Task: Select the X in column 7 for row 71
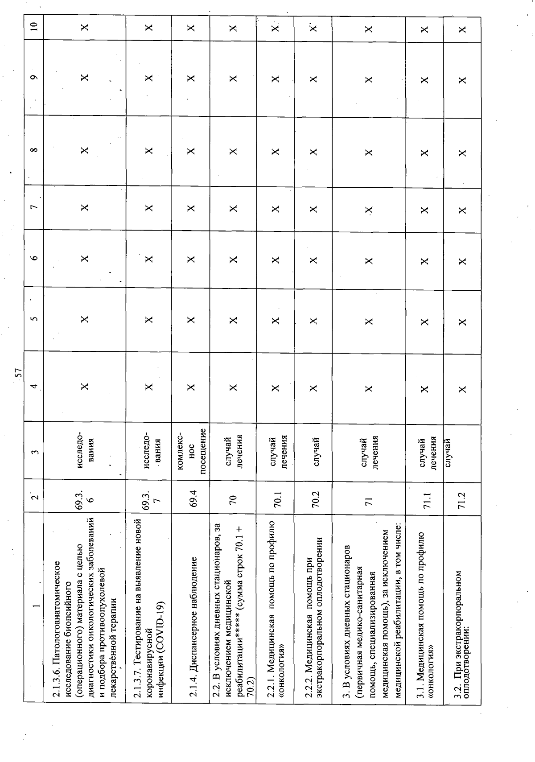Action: click(x=368, y=209)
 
